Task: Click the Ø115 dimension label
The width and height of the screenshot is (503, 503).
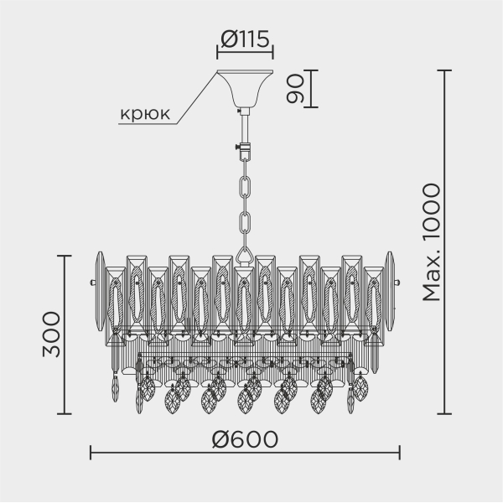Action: click(x=245, y=38)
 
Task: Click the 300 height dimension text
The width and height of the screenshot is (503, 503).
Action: click(x=51, y=334)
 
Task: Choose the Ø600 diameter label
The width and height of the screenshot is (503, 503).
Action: click(x=245, y=438)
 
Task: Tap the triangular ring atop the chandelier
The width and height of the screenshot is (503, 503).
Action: click(x=245, y=252)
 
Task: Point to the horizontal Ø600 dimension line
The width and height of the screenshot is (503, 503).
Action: click(x=245, y=456)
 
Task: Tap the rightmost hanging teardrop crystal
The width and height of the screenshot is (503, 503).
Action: click(x=360, y=387)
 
